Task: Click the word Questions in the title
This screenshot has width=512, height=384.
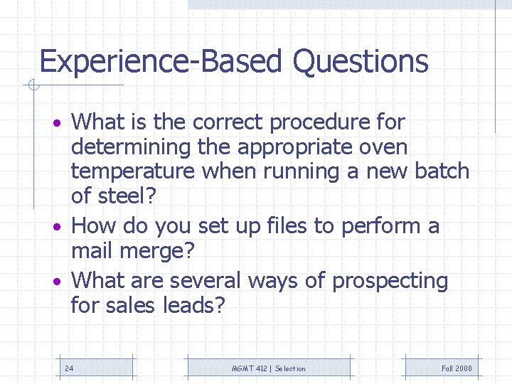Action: pyautogui.click(x=361, y=62)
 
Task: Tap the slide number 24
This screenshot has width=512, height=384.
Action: pyautogui.click(x=69, y=368)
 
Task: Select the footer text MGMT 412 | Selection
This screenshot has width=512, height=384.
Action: pyautogui.click(x=269, y=368)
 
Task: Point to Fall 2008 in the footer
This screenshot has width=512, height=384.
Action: pyautogui.click(x=456, y=368)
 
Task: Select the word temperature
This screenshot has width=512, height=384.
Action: pyautogui.click(x=133, y=172)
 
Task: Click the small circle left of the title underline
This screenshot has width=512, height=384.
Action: pyautogui.click(x=31, y=86)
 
